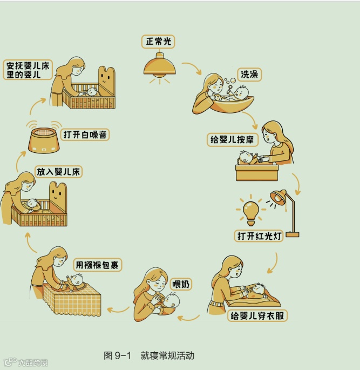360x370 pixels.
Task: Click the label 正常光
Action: [158, 42]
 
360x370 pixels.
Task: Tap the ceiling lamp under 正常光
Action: [160, 66]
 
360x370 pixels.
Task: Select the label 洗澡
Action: [249, 75]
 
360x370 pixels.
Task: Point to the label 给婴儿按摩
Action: [233, 139]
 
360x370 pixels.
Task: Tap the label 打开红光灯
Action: [259, 236]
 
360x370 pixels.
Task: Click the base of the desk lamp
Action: [293, 234]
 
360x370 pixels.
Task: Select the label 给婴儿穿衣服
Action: [257, 316]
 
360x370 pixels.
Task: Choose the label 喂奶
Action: [181, 284]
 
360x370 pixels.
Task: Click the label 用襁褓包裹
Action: [97, 265]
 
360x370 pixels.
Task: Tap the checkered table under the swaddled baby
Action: [72, 299]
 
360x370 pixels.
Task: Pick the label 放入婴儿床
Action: [58, 172]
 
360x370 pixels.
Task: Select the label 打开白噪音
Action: [85, 134]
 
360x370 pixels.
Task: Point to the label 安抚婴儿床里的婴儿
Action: [28, 70]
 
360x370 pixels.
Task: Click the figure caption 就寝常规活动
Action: [167, 355]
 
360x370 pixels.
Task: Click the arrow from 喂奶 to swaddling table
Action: [118, 310]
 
